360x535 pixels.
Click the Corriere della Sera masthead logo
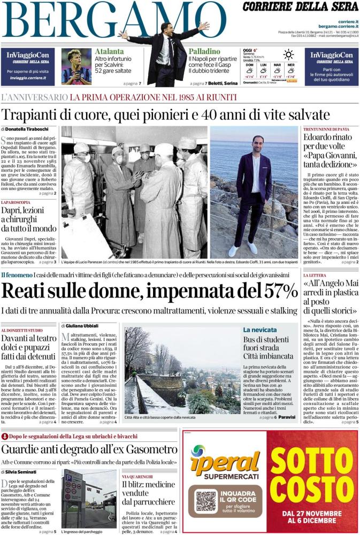[x=301, y=7]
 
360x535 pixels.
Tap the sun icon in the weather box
[x=288, y=54]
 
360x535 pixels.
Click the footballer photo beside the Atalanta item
[x=76, y=66]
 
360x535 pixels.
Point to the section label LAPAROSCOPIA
[x=16, y=203]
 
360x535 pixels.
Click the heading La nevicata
[x=260, y=330]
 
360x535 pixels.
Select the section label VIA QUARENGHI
[x=137, y=476]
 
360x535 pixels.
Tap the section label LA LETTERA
[x=316, y=276]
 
